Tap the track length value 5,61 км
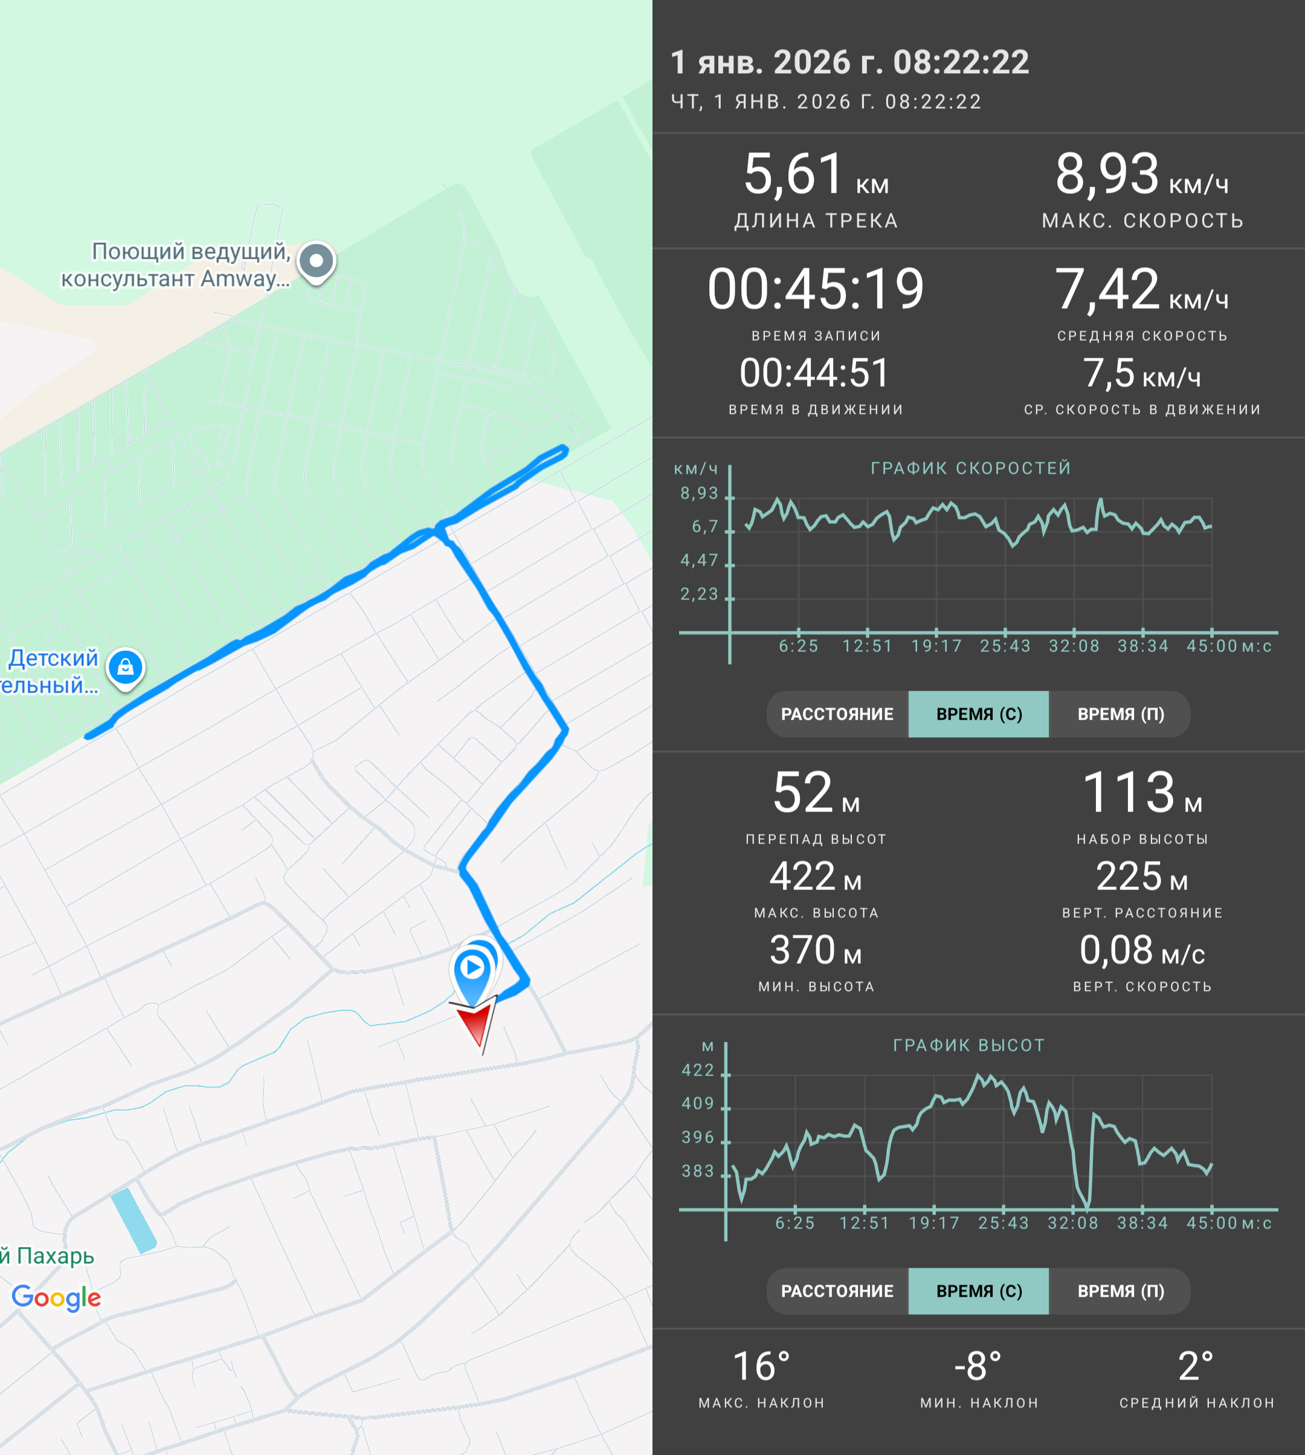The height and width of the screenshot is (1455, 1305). click(x=816, y=175)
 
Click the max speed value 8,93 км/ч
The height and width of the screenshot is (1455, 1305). click(x=1141, y=175)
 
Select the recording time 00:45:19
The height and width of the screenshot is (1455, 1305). click(x=816, y=289)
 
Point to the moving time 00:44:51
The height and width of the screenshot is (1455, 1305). click(x=814, y=373)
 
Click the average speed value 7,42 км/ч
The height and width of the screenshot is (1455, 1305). click(x=1141, y=289)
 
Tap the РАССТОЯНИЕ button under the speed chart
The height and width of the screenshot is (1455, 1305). click(x=837, y=714)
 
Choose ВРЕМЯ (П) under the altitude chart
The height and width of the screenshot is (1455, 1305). click(x=1120, y=1291)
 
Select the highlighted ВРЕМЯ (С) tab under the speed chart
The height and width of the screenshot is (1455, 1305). click(x=979, y=714)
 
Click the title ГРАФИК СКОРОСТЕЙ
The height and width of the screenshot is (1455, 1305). click(x=971, y=468)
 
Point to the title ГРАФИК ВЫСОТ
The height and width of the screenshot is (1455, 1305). click(x=968, y=1045)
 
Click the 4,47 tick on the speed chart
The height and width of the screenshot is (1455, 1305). click(x=699, y=560)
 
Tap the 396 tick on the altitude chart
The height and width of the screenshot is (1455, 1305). click(x=698, y=1137)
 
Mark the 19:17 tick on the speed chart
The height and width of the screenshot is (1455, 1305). click(x=936, y=646)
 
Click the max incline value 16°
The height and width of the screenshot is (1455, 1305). click(x=761, y=1366)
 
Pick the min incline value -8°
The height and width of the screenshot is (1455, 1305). click(x=978, y=1366)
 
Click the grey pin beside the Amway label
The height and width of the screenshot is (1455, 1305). click(x=316, y=262)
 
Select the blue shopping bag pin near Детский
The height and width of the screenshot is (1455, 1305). click(x=126, y=669)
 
